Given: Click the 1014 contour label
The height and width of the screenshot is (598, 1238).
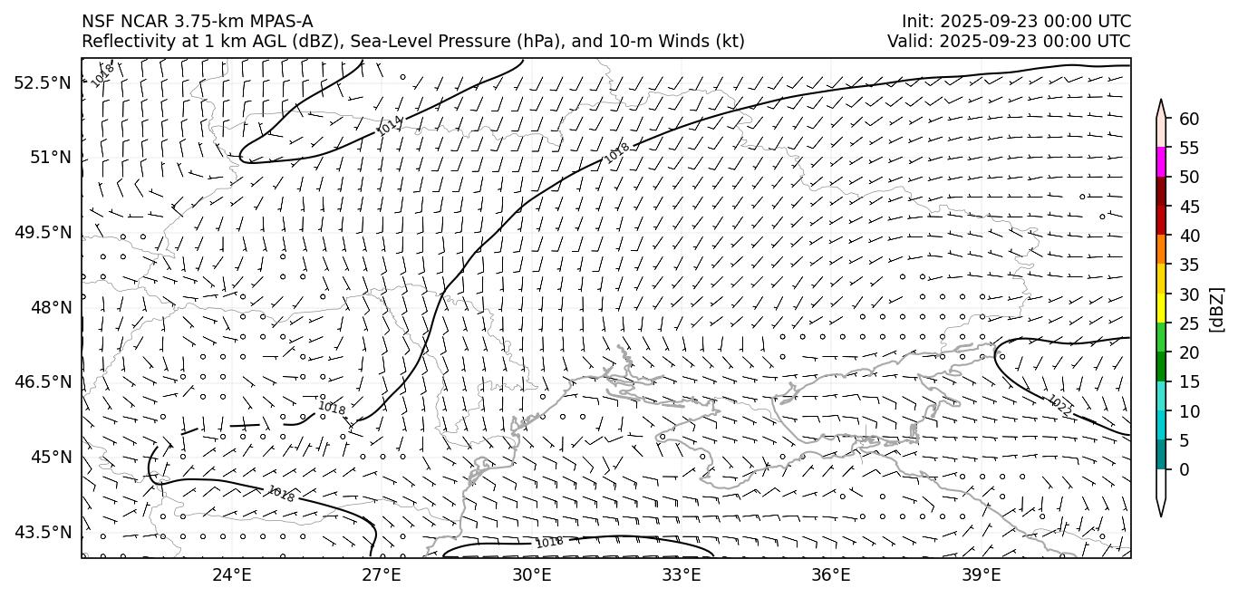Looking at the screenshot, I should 390,126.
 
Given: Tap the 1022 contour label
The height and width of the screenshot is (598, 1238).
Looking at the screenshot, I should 1059,407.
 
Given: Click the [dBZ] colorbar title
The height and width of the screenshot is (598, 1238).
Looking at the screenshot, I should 1217,309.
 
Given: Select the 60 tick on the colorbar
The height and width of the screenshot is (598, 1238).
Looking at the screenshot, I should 1189,119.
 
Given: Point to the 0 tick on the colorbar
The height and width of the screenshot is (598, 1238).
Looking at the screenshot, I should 1184,469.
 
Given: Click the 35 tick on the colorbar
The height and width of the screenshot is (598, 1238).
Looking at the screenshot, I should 1189,265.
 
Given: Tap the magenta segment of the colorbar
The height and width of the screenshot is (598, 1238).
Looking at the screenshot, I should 1161,162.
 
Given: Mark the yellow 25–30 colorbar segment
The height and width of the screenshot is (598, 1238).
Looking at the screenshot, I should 1161,308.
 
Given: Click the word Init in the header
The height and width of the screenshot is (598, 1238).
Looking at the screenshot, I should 916,21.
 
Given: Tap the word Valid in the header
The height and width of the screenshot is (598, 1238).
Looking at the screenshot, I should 908,42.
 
